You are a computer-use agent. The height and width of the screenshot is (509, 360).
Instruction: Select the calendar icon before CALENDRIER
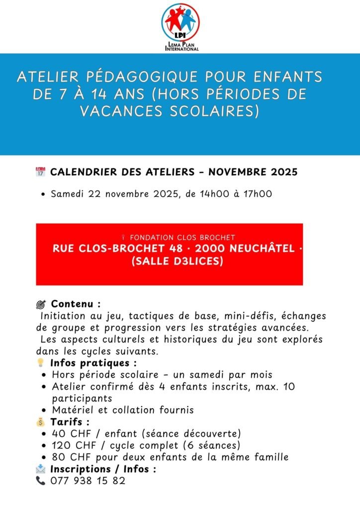coord(40,172)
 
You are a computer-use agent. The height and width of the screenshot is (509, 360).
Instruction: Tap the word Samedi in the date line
coord(68,194)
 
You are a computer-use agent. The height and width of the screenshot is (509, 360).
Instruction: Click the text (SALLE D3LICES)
coord(177,260)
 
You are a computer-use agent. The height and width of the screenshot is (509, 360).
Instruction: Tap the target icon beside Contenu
coord(41,304)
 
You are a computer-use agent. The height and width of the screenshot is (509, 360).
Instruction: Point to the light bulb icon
coord(41,363)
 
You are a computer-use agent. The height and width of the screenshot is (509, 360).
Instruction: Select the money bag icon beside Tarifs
coord(41,422)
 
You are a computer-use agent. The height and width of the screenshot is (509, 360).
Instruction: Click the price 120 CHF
coord(73,445)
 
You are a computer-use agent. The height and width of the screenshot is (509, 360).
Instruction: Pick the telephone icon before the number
coord(40,481)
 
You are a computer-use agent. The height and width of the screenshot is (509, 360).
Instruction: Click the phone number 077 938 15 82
coord(88,481)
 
